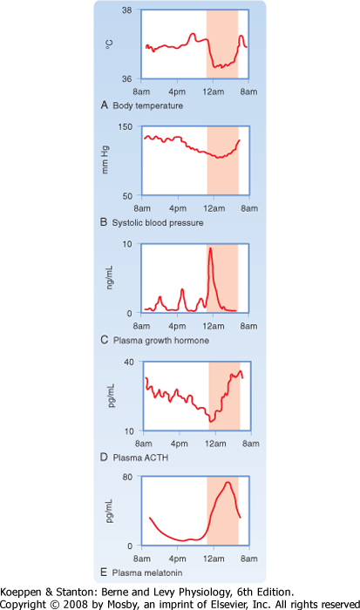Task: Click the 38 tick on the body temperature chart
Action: point(127,10)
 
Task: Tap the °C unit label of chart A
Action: point(109,44)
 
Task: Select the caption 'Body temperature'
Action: point(148,105)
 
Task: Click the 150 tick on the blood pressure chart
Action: point(126,127)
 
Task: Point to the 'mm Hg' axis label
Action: point(105,159)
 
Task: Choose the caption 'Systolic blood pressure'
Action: point(158,223)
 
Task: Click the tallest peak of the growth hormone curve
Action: point(211,247)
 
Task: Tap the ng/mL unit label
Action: point(110,278)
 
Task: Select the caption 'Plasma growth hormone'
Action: point(161,341)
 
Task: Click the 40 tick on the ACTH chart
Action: point(129,363)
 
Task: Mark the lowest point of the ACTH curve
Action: point(211,421)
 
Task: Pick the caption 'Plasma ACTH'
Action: point(140,457)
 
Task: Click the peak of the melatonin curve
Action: point(228,483)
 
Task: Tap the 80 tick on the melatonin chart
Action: point(127,477)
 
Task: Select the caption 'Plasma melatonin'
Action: point(147,573)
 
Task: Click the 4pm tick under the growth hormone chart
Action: point(177,326)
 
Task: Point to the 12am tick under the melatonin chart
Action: point(214,559)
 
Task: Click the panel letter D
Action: point(104,457)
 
